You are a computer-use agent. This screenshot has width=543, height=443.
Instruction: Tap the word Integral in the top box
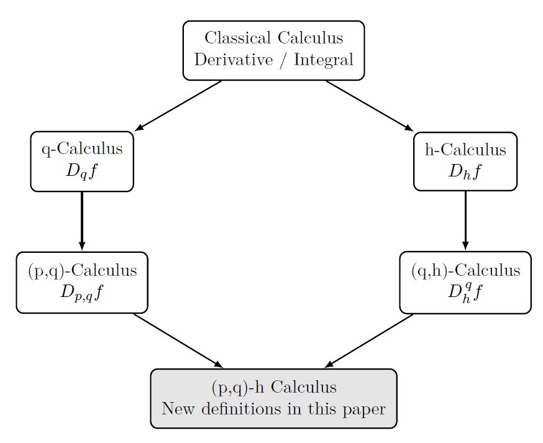(x=324, y=60)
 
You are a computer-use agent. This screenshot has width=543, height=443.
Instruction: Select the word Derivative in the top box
(x=229, y=60)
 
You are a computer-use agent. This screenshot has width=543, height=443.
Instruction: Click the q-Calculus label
(x=82, y=149)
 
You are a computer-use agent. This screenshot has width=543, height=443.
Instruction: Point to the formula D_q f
(x=82, y=171)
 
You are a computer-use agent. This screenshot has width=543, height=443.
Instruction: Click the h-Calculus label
(x=465, y=150)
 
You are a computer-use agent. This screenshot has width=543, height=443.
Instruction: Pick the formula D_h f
(x=465, y=171)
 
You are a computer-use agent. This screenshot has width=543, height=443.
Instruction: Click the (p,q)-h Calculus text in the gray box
(x=274, y=388)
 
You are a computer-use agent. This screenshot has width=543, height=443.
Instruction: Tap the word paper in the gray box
(x=363, y=409)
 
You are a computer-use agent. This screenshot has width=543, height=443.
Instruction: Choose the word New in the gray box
(x=178, y=409)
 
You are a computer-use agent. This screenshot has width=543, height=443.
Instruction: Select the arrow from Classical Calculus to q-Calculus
(x=178, y=106)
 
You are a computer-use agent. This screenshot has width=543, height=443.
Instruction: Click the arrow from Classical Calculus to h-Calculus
(x=370, y=106)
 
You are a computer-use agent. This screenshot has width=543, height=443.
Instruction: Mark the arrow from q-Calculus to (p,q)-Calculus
(x=82, y=221)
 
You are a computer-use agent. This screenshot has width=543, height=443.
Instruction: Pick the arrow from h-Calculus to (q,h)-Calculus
(x=465, y=221)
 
